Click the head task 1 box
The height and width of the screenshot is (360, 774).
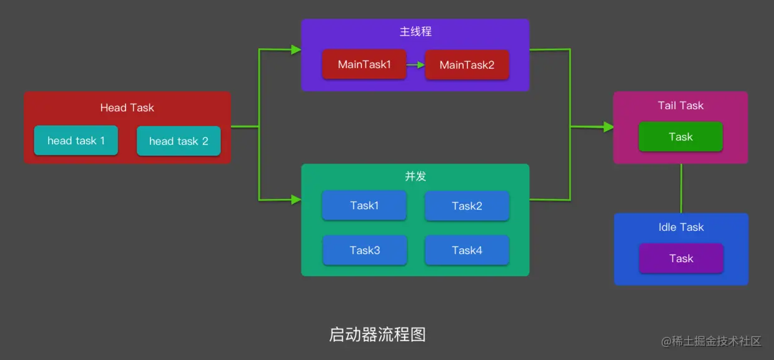tap(76, 140)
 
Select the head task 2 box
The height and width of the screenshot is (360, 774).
tap(179, 141)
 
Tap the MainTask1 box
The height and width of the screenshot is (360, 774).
tap(364, 64)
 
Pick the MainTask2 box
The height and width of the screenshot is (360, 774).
tap(467, 65)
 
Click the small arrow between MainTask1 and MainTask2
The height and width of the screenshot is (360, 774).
tap(415, 64)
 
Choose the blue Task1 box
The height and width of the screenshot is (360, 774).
tap(364, 205)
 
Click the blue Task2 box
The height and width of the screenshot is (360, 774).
tap(467, 206)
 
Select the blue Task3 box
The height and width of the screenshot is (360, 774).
tap(365, 250)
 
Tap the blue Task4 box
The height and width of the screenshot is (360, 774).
tap(467, 250)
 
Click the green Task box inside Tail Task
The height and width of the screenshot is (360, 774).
tap(680, 137)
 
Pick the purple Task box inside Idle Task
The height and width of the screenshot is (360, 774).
tap(681, 258)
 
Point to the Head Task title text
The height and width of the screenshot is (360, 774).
tap(127, 107)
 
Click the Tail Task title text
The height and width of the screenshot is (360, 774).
tap(680, 105)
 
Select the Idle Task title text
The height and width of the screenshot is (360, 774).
tap(681, 227)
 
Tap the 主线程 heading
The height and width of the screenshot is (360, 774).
tap(415, 31)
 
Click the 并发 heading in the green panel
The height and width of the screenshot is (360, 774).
tap(415, 176)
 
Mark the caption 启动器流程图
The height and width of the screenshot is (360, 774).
tap(377, 334)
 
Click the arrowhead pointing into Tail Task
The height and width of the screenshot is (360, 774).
tap(608, 127)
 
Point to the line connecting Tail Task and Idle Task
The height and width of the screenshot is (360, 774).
tap(681, 188)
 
